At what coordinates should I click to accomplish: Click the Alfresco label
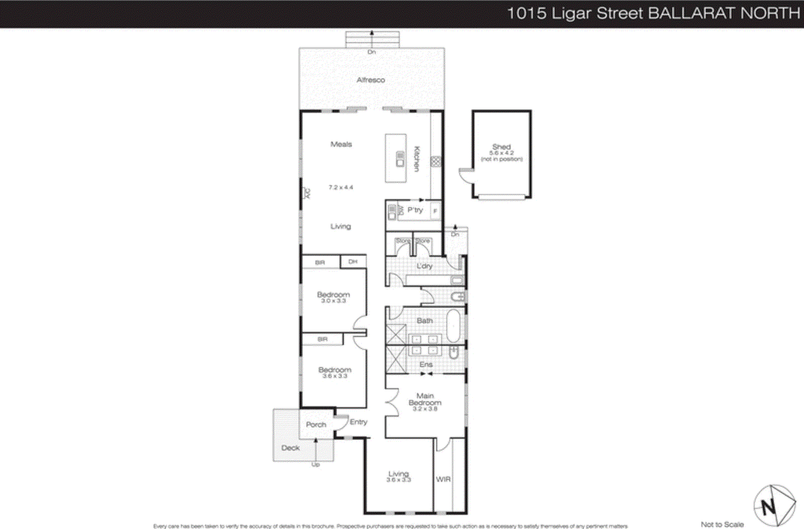click(371, 80)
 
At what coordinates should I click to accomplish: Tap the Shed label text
click(501, 147)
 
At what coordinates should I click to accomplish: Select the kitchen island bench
click(395, 158)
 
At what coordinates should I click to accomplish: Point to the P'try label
click(415, 210)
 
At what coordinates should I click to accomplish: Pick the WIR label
click(443, 479)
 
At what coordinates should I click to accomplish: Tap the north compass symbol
click(774, 505)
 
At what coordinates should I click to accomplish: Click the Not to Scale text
click(722, 524)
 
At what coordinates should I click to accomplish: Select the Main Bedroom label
click(425, 399)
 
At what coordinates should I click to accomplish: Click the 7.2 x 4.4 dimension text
click(341, 188)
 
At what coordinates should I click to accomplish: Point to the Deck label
click(290, 448)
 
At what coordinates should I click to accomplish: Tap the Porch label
click(316, 424)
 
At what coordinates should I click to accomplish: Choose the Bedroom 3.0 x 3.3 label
click(333, 297)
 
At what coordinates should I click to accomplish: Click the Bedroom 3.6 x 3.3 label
click(335, 372)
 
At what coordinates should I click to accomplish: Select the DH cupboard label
click(353, 261)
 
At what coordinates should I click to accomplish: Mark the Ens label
click(426, 364)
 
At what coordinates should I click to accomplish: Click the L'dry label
click(425, 266)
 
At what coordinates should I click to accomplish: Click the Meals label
click(341, 144)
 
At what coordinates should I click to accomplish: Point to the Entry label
click(358, 422)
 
